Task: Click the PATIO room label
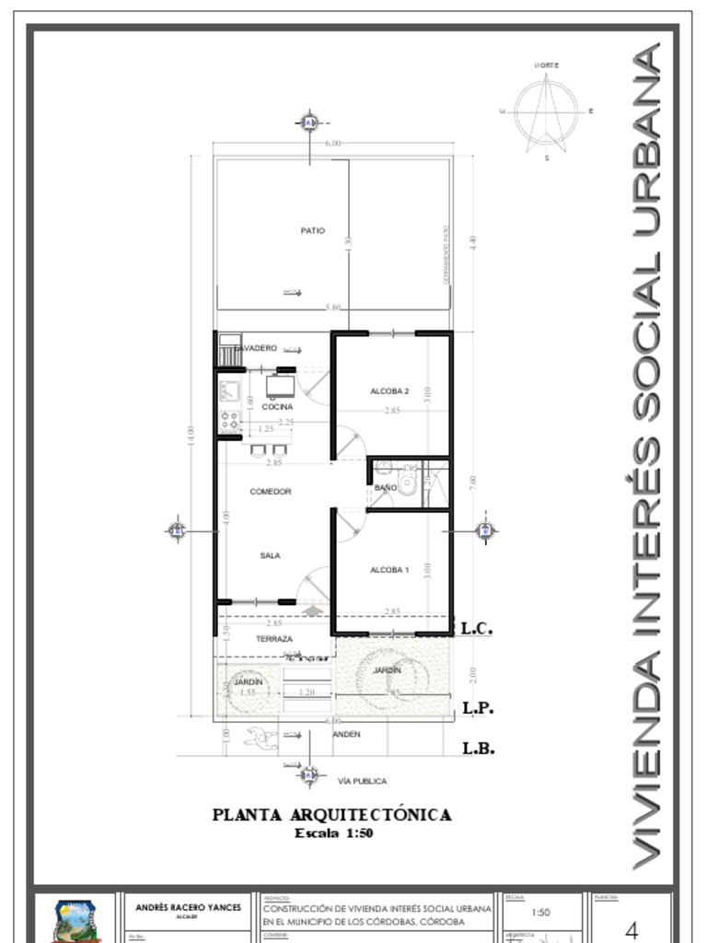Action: point(313,230)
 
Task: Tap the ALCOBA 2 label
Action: point(389,391)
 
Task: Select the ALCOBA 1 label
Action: point(389,570)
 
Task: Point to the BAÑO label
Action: point(386,487)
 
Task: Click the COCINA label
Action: point(277,406)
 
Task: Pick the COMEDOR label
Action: point(271,492)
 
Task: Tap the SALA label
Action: point(270,555)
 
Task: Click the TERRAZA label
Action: point(274,638)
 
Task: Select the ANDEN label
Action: point(347,734)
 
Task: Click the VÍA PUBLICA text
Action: point(363,781)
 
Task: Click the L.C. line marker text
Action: point(478,629)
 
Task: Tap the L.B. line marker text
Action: point(479,749)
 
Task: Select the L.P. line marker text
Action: point(479,708)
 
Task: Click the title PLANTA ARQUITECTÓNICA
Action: point(332,815)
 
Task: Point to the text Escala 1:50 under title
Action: point(333,833)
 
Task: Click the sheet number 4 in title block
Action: point(632,930)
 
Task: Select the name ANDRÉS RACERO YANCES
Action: point(188,907)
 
